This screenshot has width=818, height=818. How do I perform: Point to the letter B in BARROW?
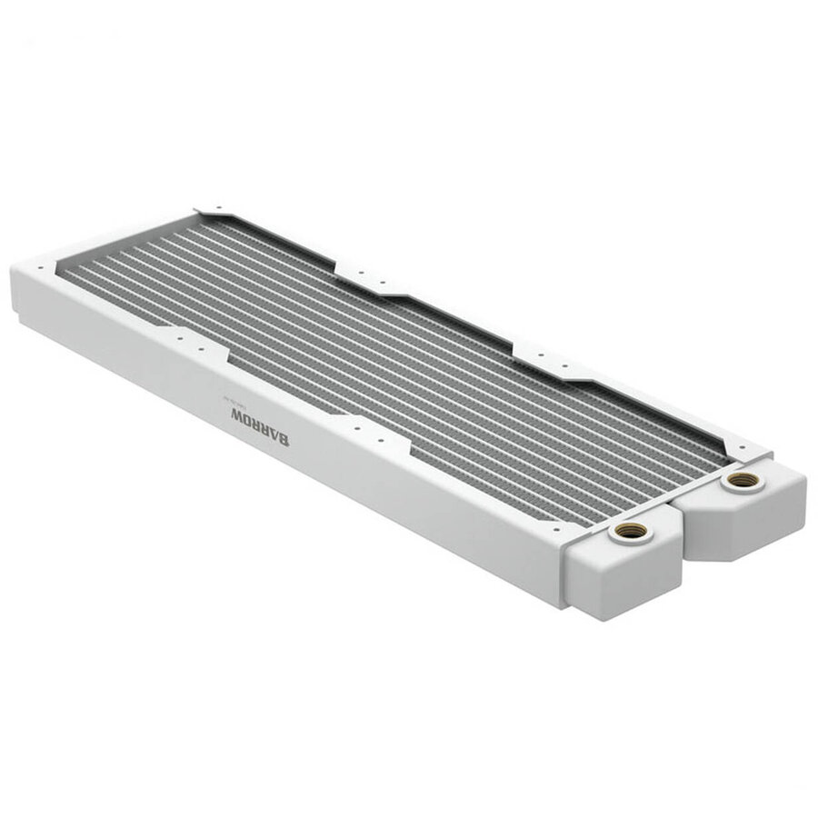pyautogui.click(x=284, y=441)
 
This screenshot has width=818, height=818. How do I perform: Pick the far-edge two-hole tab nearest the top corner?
pyautogui.click(x=364, y=272)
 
